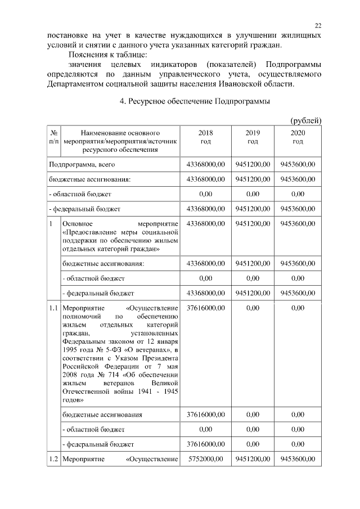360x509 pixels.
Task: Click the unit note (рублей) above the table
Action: (x=305, y=120)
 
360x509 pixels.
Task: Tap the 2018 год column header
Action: (x=205, y=137)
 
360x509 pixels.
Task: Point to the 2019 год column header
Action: (x=253, y=137)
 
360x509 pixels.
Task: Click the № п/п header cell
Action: (x=53, y=137)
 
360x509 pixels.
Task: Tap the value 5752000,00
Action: (x=205, y=459)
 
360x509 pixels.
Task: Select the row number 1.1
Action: (x=53, y=308)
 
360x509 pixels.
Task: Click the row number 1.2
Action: (x=53, y=459)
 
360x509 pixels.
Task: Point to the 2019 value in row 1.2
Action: (x=253, y=459)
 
